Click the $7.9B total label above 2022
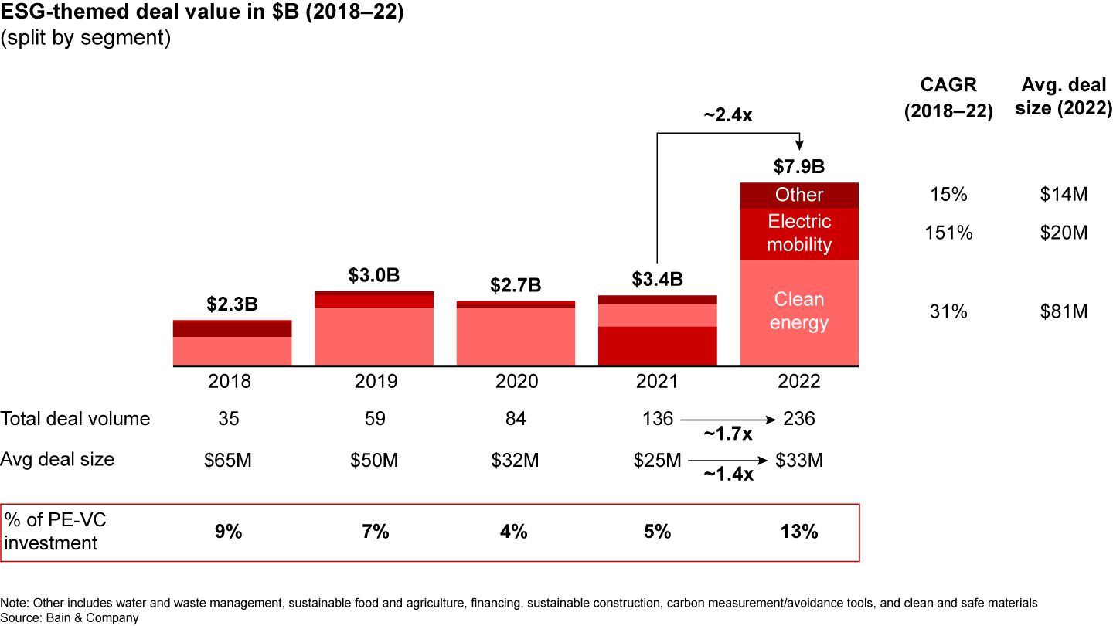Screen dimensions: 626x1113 [799, 167]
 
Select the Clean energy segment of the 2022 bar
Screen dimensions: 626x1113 [799, 311]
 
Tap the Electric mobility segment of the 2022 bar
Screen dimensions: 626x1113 [799, 233]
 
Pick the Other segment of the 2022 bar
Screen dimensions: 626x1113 [799, 195]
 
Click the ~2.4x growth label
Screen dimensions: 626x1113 [727, 115]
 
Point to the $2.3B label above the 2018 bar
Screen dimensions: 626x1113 [232, 304]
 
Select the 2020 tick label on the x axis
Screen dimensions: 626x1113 [516, 382]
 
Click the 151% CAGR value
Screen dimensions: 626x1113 [948, 233]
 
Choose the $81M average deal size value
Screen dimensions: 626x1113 [1064, 311]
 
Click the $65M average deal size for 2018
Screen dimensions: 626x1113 [229, 461]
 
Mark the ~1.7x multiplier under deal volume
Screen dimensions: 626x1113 [727, 433]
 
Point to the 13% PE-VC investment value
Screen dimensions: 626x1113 [799, 532]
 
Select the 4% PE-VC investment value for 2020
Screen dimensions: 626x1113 [514, 532]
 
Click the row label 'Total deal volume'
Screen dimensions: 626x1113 [76, 419]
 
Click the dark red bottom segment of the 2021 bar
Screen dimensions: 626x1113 [658, 345]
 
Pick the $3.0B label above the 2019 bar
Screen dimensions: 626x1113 [374, 276]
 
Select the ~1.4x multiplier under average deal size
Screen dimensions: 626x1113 [727, 475]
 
